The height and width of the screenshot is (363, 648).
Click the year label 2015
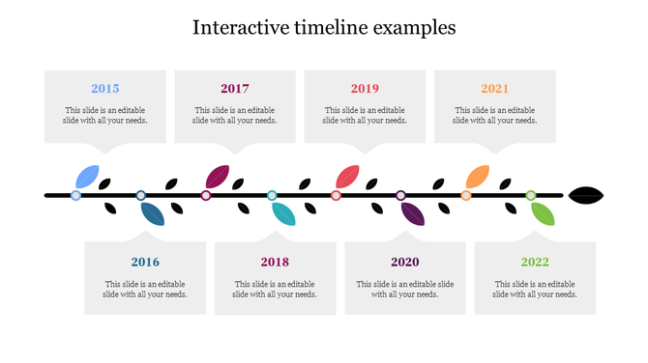[x=105, y=89]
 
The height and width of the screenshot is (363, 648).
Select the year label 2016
[x=145, y=262]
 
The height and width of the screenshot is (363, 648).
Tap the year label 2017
[x=235, y=89]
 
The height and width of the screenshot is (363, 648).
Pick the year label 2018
[x=275, y=262]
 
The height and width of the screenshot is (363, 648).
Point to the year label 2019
[x=365, y=89]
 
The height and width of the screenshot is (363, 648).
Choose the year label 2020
[x=404, y=262]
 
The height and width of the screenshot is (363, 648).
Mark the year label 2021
[x=494, y=89]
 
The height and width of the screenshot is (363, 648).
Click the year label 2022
[x=534, y=262]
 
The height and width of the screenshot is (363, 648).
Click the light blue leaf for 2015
[x=87, y=177]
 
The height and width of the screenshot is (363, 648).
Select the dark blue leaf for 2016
[x=152, y=213]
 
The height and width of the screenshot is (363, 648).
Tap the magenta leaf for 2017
[x=217, y=177]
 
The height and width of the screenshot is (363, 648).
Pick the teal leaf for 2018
[x=282, y=213]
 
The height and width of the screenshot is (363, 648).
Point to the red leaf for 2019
[x=347, y=177]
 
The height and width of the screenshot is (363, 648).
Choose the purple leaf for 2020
[x=412, y=213]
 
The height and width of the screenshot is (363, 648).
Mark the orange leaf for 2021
[x=477, y=177]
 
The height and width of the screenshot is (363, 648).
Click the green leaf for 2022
[x=543, y=213]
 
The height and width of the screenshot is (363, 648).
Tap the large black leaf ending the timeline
[x=587, y=195]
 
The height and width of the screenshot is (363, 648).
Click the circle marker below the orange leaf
[x=466, y=195]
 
